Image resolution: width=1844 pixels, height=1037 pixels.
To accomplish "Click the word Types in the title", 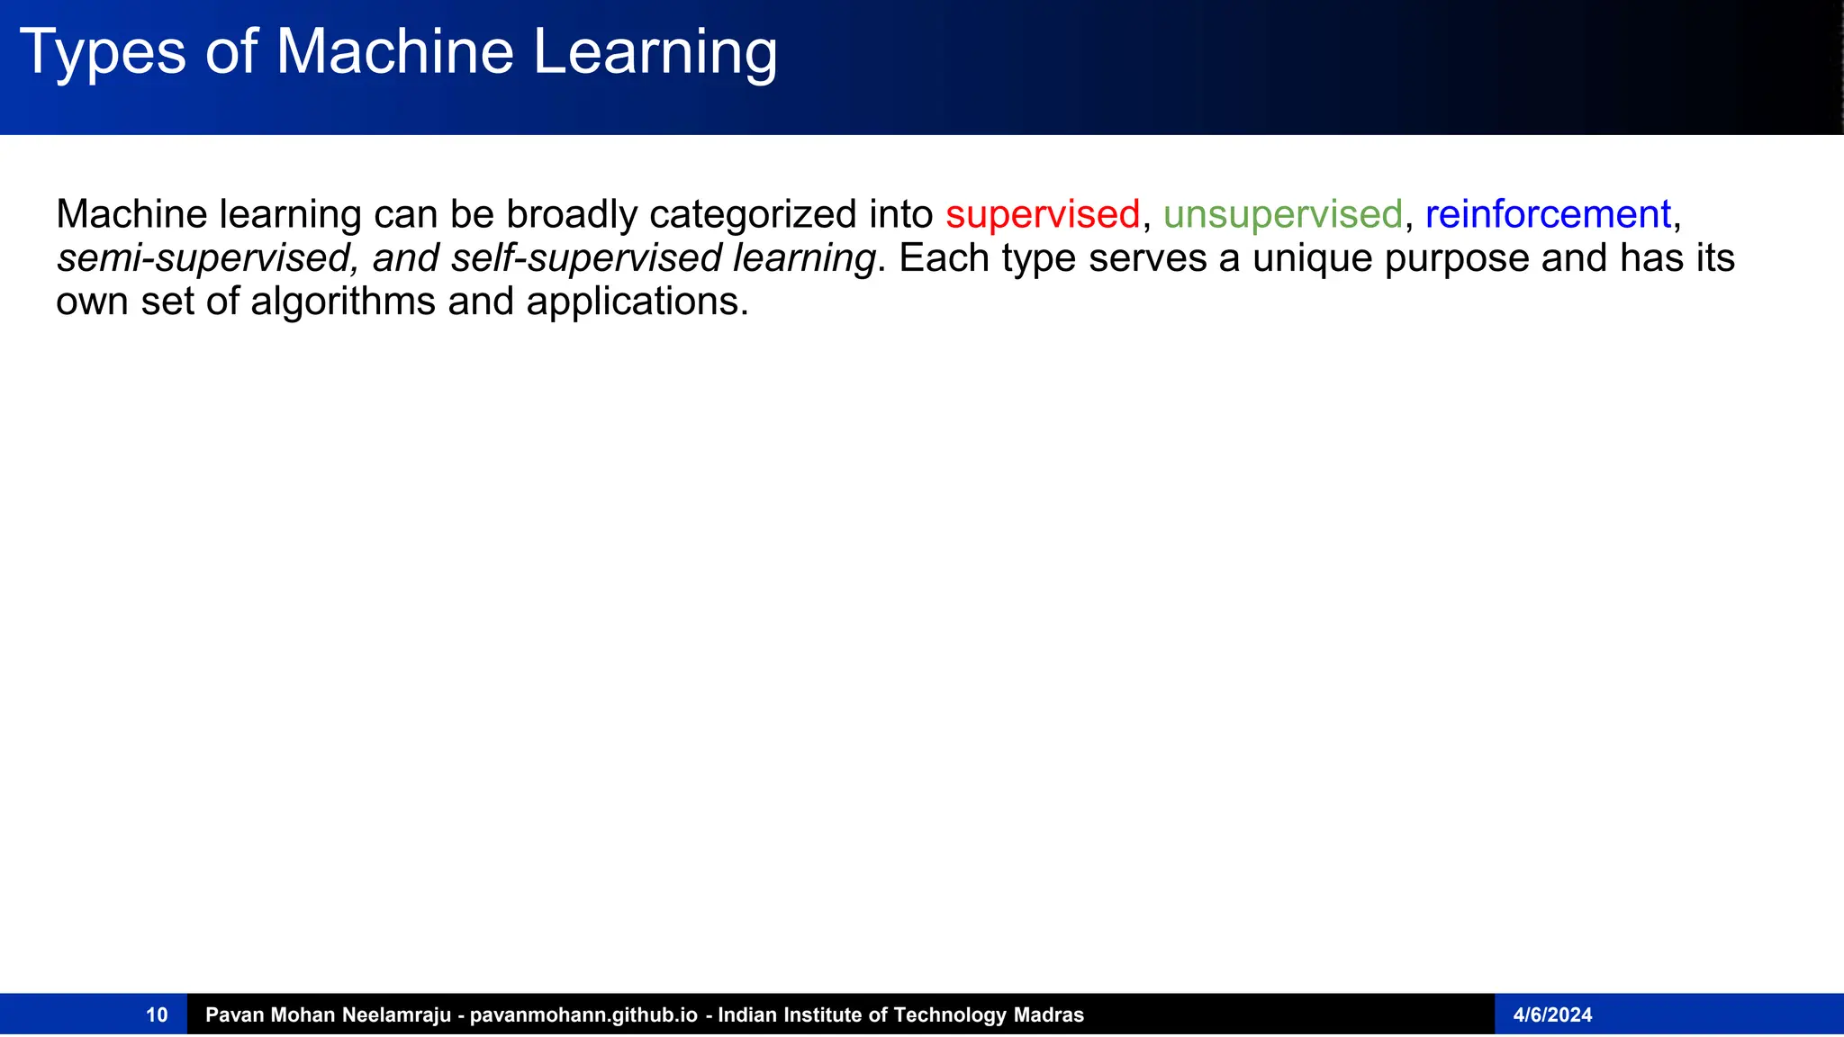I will pos(102,52).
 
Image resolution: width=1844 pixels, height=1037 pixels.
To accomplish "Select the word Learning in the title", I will pos(655,52).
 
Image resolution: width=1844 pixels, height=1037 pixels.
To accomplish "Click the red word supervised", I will pos(1043,215).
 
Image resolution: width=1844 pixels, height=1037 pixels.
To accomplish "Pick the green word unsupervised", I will pos(1282,215).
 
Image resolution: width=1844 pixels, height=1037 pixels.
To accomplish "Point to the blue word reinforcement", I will pos(1548,215).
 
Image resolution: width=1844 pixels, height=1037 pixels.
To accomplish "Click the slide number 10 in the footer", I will pos(157,1015).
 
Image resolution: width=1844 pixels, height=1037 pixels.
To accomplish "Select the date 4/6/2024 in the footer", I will pos(1552,1015).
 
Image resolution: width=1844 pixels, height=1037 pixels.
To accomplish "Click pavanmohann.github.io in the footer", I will pos(583,1015).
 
